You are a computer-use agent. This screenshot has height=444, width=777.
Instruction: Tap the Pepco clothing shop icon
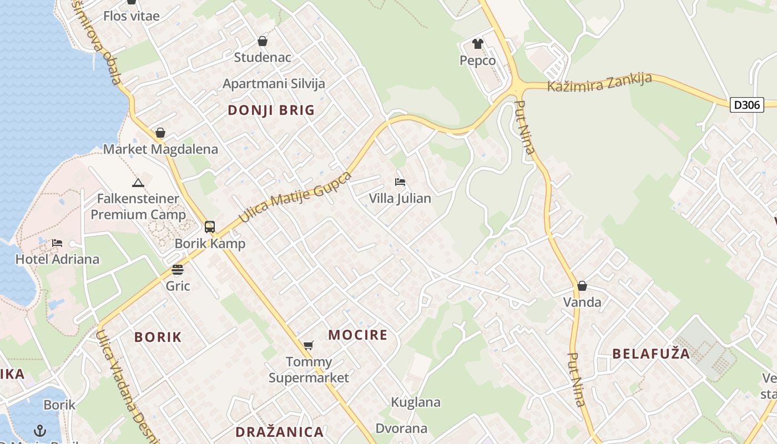coord(478,44)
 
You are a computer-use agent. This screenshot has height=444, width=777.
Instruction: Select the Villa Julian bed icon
coord(400,181)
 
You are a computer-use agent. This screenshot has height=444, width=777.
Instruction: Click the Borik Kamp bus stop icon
coord(210,226)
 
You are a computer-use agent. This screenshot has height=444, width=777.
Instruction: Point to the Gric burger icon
coord(178,270)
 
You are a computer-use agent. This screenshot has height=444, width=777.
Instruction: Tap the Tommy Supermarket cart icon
coord(309,346)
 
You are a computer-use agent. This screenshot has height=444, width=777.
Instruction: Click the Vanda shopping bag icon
coord(582,286)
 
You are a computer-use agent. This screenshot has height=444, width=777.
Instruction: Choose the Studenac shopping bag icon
coord(263,41)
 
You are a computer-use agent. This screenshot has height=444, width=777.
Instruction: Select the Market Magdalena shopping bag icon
coord(160,133)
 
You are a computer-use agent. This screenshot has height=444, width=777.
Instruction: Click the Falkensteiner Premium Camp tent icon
coord(138,182)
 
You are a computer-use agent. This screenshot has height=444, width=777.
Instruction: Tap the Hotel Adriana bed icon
coord(57,243)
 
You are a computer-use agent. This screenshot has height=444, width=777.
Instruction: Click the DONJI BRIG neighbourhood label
coord(271,110)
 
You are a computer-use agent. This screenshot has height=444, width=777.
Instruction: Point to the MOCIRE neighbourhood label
coord(357,335)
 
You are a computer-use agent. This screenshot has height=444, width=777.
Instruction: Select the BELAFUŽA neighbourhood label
coord(651,354)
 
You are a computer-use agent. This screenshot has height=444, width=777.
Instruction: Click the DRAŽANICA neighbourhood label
coord(279,432)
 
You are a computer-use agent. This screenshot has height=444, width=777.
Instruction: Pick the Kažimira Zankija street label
coord(599,83)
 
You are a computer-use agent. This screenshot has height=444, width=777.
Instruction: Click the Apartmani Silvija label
coord(274,84)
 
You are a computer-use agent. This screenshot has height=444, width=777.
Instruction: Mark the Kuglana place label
coord(416,402)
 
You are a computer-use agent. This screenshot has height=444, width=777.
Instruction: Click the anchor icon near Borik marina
coord(40,430)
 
